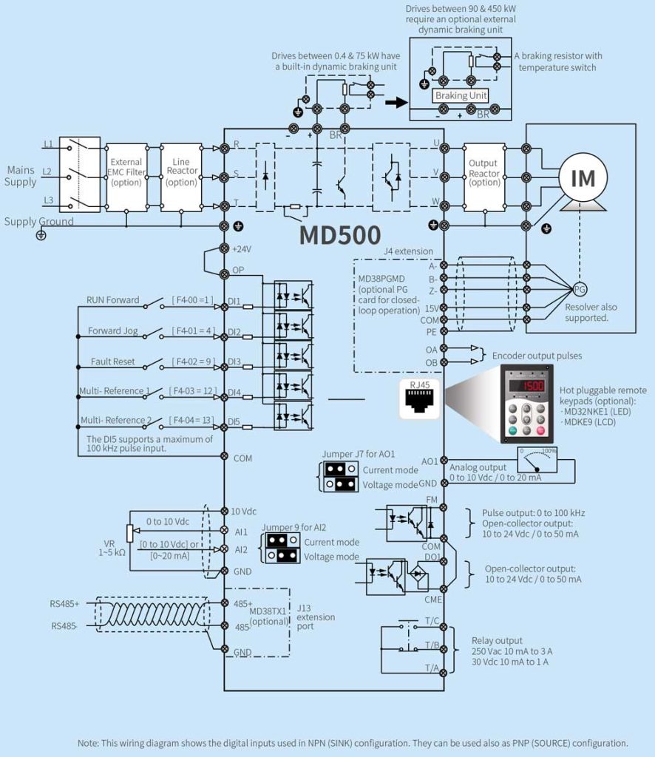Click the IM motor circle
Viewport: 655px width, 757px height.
583,177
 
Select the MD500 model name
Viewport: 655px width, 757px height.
340,234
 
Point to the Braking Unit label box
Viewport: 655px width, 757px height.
461,96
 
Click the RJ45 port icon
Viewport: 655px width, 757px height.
418,400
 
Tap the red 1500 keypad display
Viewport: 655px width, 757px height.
529,386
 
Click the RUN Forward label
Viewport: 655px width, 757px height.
112,300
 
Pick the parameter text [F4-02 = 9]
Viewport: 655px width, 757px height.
191,362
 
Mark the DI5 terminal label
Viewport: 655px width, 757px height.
234,422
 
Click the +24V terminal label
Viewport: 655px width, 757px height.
241,250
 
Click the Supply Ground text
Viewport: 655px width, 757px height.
39,221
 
